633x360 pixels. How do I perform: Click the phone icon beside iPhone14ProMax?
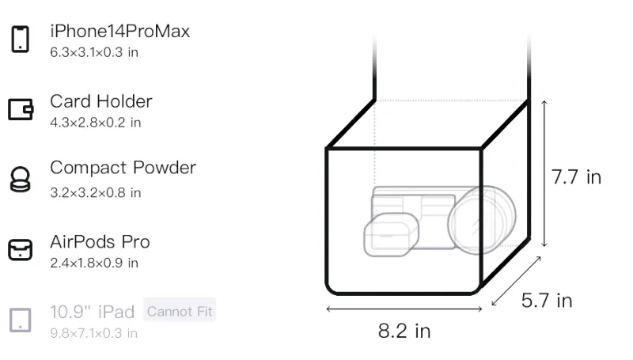tap(21, 39)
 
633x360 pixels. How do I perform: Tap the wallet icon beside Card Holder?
tap(21, 109)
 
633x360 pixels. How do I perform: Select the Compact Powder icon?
tap(21, 179)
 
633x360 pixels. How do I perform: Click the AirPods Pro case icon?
tap(21, 249)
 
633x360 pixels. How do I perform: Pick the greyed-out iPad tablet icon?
tap(21, 320)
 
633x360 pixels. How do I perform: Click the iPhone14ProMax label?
tap(120, 31)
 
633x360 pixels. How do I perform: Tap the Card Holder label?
tap(101, 101)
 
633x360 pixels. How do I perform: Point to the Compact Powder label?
tap(123, 168)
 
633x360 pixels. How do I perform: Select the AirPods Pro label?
tap(100, 242)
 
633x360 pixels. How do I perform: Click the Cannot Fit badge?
tap(180, 311)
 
